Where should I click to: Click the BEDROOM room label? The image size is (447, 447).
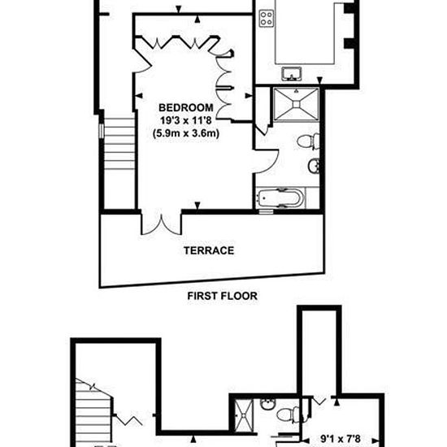[x=186, y=107]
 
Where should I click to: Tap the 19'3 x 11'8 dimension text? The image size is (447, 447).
[x=186, y=120]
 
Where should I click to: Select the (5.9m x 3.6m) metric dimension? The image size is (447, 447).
[x=186, y=133]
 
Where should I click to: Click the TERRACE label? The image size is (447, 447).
[x=209, y=250]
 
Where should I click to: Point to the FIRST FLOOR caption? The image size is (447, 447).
[x=223, y=296]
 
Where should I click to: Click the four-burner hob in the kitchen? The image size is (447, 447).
[x=267, y=19]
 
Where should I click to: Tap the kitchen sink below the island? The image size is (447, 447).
[x=291, y=74]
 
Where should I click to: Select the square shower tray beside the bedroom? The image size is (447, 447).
[x=296, y=104]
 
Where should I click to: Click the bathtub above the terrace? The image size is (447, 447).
[x=281, y=197]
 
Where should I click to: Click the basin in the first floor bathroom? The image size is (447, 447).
[x=314, y=165]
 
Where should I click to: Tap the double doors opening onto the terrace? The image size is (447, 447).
[x=162, y=224]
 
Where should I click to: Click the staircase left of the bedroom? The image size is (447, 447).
[x=119, y=144]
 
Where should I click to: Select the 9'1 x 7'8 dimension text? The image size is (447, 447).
[x=341, y=438]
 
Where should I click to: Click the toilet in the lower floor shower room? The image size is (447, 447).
[x=289, y=414]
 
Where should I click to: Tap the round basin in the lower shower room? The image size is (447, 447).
[x=268, y=404]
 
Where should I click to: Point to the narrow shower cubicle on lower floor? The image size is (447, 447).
[x=244, y=415]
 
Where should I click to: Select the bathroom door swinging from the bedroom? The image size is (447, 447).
[x=267, y=161]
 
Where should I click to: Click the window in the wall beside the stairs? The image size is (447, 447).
[x=102, y=131]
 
